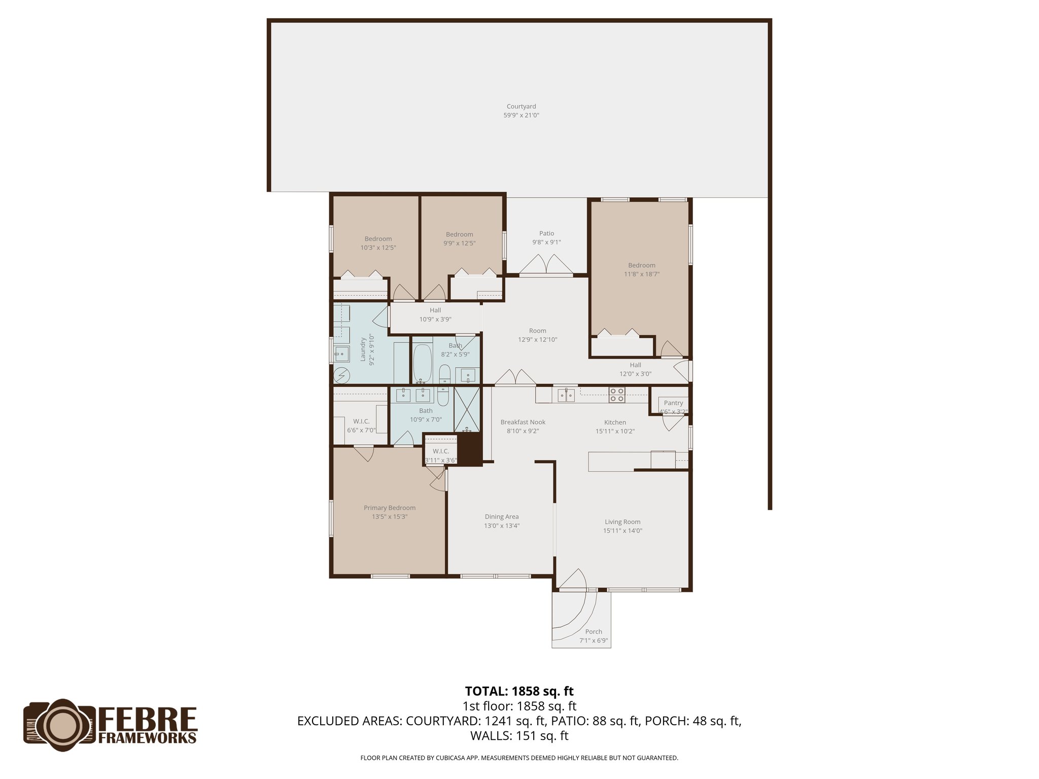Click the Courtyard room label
coord(521,107)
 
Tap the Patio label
coord(546,233)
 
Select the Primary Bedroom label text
coord(389,508)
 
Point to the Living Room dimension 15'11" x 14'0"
coord(622,530)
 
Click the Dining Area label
coord(501,517)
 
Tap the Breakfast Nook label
coord(523,422)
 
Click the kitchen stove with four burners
coord(617,395)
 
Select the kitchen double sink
coord(566,395)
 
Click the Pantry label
coord(673,403)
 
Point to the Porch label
coord(594,631)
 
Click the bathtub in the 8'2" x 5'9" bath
coord(422,363)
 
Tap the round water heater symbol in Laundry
coord(342,375)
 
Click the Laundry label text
coord(363,349)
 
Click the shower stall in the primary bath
coord(467,409)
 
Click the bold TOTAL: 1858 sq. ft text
coord(519,691)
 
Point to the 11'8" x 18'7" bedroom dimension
coord(642,274)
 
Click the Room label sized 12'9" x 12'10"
coord(537,331)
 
